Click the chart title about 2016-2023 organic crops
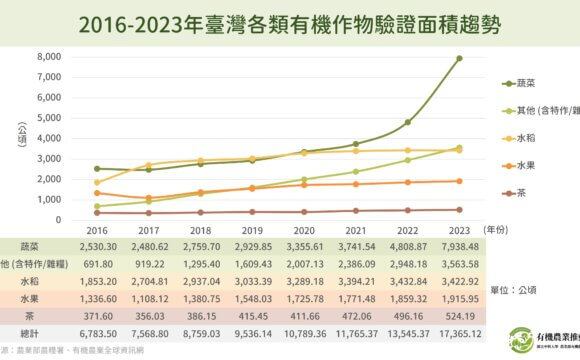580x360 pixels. coord(289,23)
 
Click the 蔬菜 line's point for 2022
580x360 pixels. coord(407,122)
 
